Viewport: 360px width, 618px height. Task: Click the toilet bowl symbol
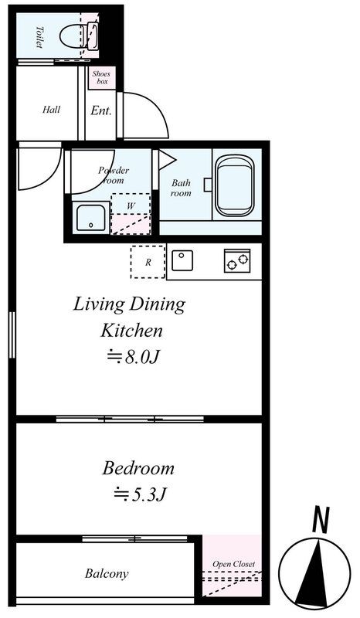point(79,36)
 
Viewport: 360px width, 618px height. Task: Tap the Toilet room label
point(39,37)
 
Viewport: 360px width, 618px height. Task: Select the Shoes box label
point(102,77)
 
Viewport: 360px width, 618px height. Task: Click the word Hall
point(51,109)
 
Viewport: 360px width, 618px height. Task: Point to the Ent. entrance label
point(101,110)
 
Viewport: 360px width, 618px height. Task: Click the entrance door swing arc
point(157,106)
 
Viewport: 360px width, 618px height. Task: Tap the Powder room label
point(114,175)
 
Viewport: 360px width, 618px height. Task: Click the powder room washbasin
point(91,218)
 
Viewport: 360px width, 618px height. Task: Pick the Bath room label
point(181,188)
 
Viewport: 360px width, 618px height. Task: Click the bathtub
point(235,185)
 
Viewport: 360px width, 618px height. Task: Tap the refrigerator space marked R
point(148,262)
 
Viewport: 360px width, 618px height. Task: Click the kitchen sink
point(182,260)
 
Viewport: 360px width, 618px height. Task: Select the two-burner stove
point(237,260)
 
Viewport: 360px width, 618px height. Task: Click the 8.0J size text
point(134,357)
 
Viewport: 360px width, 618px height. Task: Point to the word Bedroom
point(138,468)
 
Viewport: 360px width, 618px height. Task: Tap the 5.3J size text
point(139,494)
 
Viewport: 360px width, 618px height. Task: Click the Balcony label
point(107,574)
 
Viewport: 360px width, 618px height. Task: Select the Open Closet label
point(234,565)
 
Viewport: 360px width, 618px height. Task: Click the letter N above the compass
point(321,520)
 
